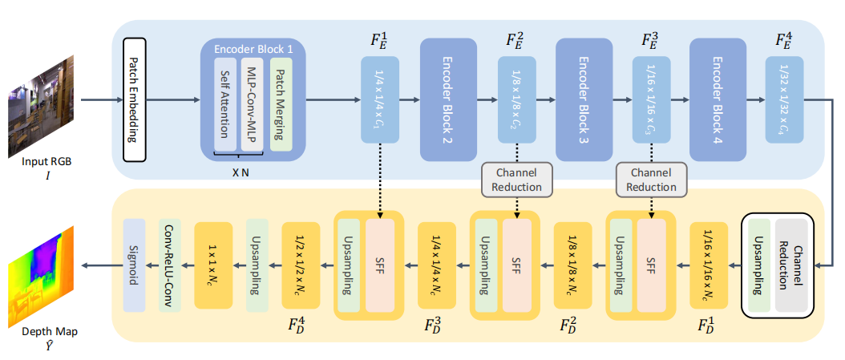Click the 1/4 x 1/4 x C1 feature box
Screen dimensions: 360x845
tap(379, 99)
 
